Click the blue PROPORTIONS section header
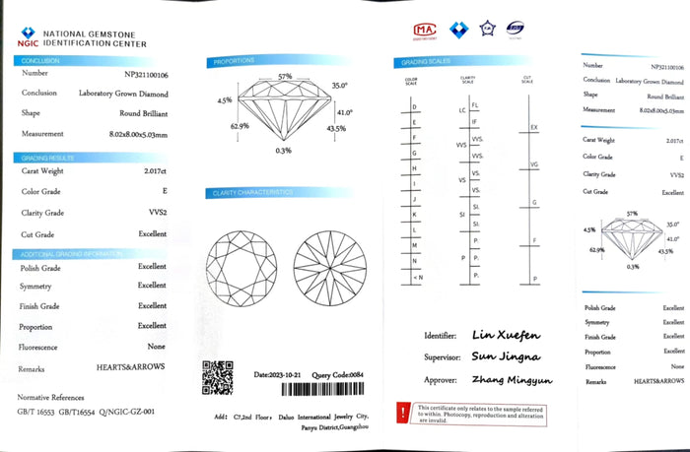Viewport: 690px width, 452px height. [236, 63]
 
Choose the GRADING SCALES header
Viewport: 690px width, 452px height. [421, 63]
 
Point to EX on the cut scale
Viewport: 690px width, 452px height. [534, 128]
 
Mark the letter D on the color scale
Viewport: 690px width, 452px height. [414, 105]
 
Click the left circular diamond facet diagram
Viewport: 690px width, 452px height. [237, 262]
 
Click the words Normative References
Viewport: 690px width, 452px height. [50, 396]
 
